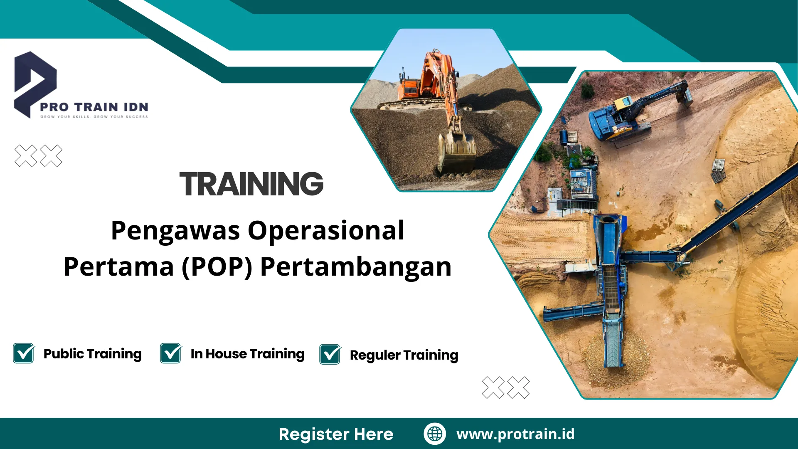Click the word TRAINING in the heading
point(251,184)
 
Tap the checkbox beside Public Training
point(24,353)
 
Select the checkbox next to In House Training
point(171,353)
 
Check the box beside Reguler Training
point(330,355)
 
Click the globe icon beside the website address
point(435,434)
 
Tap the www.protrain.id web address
point(515,434)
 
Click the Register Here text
point(336,434)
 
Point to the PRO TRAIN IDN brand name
point(94,107)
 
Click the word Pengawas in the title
point(175,231)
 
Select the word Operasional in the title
point(326,231)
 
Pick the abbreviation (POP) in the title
point(217,266)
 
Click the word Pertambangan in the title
point(356,266)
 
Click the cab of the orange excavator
point(409,88)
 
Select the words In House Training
point(247,354)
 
